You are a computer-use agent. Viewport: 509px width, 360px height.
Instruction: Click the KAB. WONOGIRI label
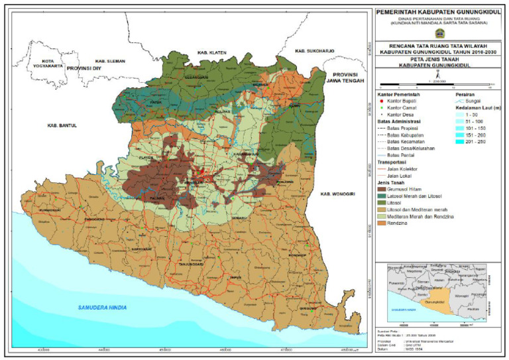click(x=338, y=193)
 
